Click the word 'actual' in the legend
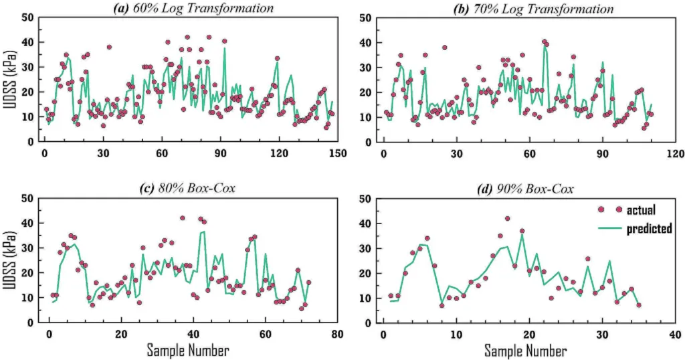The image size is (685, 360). point(641,210)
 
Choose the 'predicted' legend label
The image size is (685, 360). point(649,229)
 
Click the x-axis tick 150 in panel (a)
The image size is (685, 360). point(336,153)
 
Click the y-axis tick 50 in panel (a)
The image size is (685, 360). point(29,17)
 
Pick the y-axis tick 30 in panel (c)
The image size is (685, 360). point(29,248)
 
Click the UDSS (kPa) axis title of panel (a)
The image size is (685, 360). point(9,80)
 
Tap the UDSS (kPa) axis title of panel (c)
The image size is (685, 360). point(9,260)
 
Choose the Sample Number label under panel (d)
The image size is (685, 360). point(526,350)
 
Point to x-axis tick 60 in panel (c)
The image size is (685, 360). point(264,333)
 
